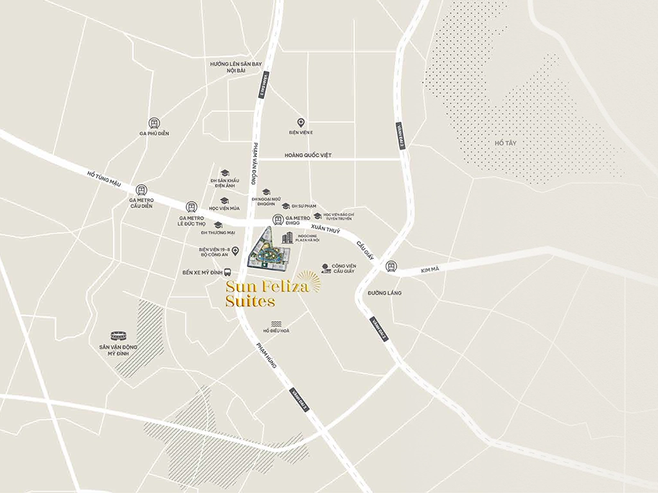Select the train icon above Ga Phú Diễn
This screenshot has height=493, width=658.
154,123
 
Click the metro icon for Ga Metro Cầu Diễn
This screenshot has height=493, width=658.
141,190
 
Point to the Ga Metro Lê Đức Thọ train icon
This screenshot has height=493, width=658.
191,207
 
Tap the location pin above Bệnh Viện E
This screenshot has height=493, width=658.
300,122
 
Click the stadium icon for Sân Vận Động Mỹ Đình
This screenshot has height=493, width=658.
118,335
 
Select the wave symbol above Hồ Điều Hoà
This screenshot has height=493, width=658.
276,323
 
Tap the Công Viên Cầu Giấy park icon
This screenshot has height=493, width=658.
326,268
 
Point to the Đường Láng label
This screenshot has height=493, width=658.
384,293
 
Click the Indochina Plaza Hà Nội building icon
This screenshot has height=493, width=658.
287,238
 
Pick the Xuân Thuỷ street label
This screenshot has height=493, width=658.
325,229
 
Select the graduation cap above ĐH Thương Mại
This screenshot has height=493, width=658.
218,225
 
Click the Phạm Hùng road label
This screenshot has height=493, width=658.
266,354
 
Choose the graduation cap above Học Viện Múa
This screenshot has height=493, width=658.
224,200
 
